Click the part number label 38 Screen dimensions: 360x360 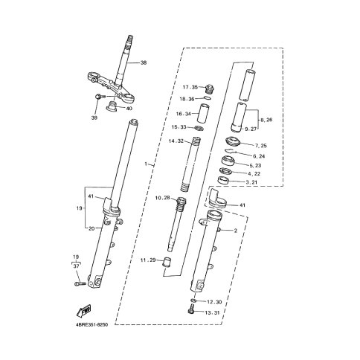click(x=144, y=62)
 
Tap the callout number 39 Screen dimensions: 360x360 click(x=94, y=118)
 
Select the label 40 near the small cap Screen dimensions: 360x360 click(x=129, y=109)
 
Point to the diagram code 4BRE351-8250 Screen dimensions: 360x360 click(x=91, y=324)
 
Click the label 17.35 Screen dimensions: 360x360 click(x=190, y=87)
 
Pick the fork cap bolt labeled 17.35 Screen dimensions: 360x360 click(x=209, y=89)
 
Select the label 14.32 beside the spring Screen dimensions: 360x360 click(x=176, y=141)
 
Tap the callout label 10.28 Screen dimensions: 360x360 click(x=163, y=198)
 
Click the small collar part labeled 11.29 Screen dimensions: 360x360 click(x=166, y=263)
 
